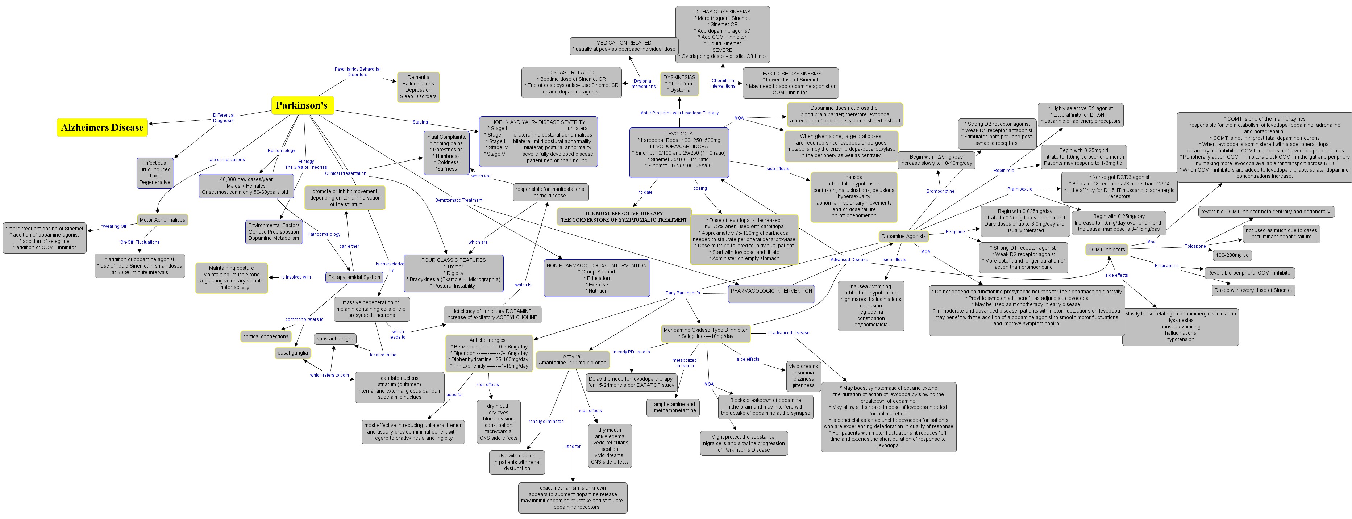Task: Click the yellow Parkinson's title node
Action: (302, 105)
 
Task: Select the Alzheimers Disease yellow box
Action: (102, 127)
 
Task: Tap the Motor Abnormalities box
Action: (162, 220)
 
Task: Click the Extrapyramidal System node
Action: (354, 277)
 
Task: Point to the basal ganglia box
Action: (292, 353)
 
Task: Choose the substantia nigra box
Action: (335, 339)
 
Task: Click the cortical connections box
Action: (266, 336)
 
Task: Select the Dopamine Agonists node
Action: (903, 236)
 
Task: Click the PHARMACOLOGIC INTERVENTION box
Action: (771, 291)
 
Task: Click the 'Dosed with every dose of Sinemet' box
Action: (1253, 290)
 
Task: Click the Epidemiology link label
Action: (281, 151)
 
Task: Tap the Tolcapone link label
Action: (1195, 246)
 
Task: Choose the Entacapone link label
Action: (1166, 266)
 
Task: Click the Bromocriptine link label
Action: (940, 191)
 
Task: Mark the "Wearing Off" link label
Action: (114, 226)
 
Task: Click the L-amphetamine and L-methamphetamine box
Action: (672, 407)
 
